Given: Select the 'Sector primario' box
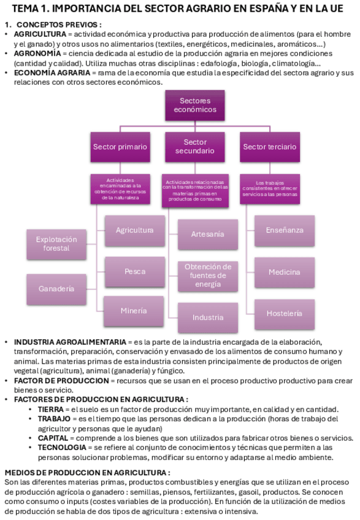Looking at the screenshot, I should pyautogui.click(x=120, y=147).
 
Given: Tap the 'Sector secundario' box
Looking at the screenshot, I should pyautogui.click(x=195, y=147).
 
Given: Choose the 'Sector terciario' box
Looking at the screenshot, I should pyautogui.click(x=269, y=147).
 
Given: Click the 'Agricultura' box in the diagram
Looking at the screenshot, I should pyautogui.click(x=135, y=231).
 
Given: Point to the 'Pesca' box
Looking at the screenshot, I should pyautogui.click(x=135, y=271).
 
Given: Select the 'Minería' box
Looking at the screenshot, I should pyautogui.click(x=134, y=311).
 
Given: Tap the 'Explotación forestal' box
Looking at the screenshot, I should pyautogui.click(x=56, y=244).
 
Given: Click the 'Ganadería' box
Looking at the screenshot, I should pyautogui.click(x=56, y=288).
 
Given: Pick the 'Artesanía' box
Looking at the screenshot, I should pyautogui.click(x=208, y=234).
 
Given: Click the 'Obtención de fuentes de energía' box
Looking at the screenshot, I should pyautogui.click(x=208, y=276).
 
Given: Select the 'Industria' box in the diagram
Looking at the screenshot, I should pyautogui.click(x=208, y=318).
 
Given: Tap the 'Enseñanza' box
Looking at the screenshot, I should pyautogui.click(x=285, y=231).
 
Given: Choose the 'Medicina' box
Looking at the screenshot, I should pyautogui.click(x=285, y=272).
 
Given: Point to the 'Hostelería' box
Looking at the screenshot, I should pyautogui.click(x=285, y=313).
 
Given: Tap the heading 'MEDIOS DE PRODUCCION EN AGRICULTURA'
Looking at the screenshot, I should pyautogui.click(x=87, y=473).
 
